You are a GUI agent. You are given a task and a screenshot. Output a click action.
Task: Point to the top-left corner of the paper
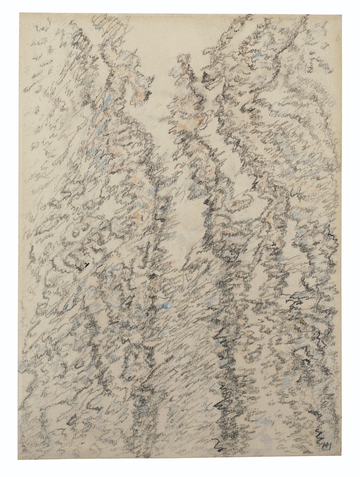[x=20, y=14]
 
